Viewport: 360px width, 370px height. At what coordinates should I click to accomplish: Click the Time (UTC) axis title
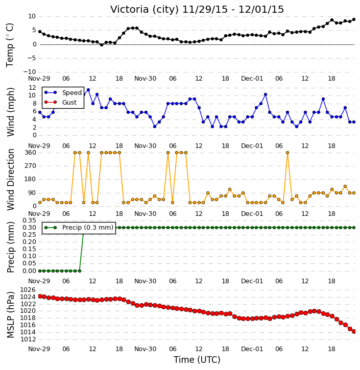click(x=197, y=360)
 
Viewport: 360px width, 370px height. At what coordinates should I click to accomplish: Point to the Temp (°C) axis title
click(x=10, y=45)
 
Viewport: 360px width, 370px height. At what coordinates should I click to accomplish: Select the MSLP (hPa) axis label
click(x=10, y=315)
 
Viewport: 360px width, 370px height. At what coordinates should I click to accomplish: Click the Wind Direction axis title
click(x=10, y=180)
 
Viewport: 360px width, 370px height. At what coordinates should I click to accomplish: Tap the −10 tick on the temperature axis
click(x=30, y=72)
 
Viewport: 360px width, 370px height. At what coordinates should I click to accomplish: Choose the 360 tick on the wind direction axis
click(x=31, y=153)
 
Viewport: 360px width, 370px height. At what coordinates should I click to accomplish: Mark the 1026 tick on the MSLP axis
click(x=28, y=290)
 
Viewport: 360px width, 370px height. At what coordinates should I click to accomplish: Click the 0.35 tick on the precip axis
click(x=29, y=220)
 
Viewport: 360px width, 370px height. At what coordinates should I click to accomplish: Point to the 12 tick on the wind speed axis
click(x=32, y=88)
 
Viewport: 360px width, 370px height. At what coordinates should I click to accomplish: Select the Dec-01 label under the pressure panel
click(x=252, y=349)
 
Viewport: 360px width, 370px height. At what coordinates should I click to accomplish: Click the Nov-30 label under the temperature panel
click(x=145, y=79)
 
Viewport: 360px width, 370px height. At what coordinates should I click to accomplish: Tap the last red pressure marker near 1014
click(x=354, y=332)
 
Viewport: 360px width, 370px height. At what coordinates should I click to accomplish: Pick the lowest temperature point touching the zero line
click(x=102, y=45)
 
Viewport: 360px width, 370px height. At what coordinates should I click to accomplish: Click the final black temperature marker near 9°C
click(x=354, y=19)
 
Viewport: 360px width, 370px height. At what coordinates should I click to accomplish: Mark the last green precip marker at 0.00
click(x=80, y=271)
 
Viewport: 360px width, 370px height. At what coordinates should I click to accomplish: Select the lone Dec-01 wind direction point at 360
click(x=287, y=153)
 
